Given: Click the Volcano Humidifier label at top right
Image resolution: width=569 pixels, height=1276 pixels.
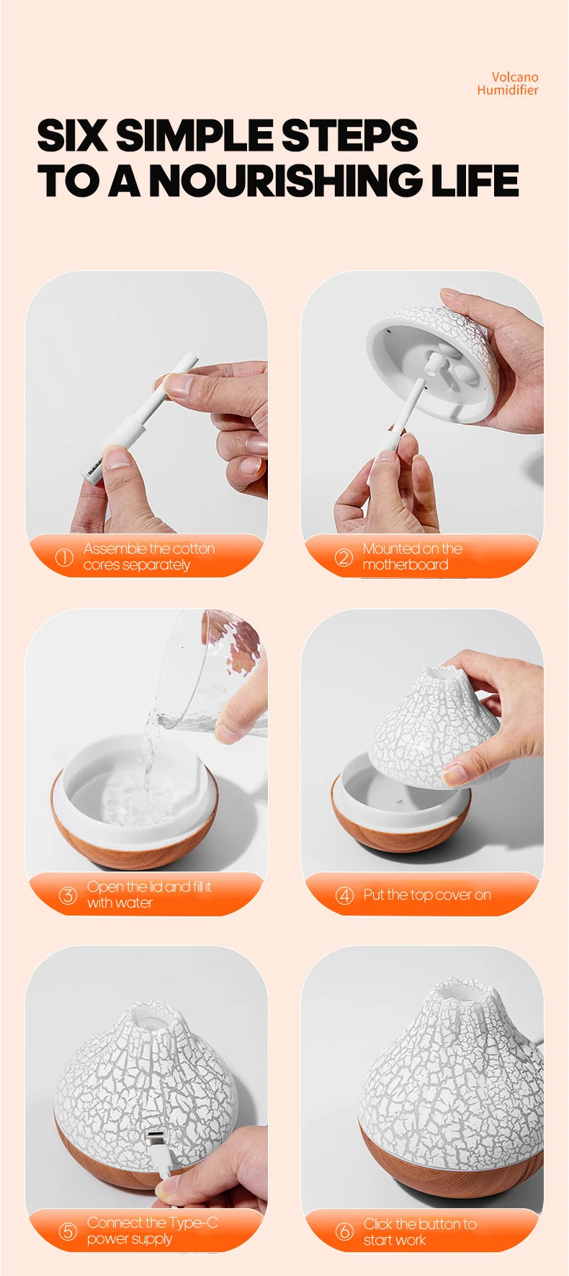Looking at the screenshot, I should [x=508, y=84].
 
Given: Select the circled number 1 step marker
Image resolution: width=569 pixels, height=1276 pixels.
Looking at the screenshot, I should [x=64, y=557].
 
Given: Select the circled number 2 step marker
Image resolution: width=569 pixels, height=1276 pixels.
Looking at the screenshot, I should [x=344, y=557].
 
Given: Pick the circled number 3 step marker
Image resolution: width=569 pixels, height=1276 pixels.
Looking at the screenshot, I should [x=68, y=895].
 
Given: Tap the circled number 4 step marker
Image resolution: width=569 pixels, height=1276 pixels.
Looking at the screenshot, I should [x=344, y=895].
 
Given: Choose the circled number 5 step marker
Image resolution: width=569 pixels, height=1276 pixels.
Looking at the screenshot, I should [x=68, y=1231].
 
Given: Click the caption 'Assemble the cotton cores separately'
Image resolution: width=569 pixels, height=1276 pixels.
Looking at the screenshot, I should [x=148, y=557].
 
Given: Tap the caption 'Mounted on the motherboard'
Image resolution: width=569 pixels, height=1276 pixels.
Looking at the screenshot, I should [x=412, y=557].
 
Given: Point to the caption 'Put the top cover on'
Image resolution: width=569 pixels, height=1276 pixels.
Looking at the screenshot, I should [x=426, y=895].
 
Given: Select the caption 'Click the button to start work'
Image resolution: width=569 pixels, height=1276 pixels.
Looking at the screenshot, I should [x=419, y=1232].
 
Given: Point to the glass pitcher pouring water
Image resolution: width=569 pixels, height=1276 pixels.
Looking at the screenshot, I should [x=209, y=670].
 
